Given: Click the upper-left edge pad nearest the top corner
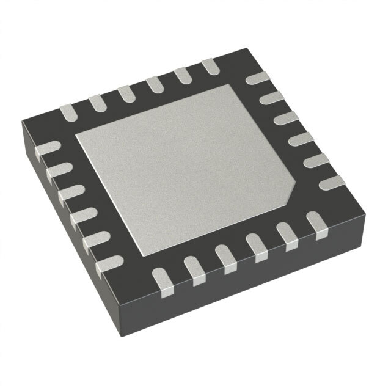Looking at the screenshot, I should click(x=210, y=65).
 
